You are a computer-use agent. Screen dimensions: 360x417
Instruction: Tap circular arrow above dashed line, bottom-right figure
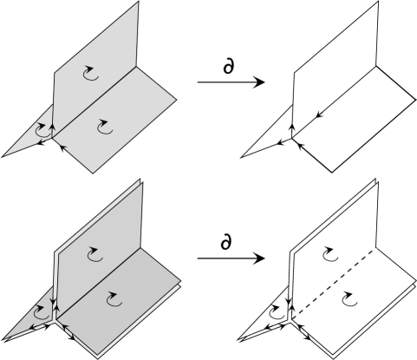329,252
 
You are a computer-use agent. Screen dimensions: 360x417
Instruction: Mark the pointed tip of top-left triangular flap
4,157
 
